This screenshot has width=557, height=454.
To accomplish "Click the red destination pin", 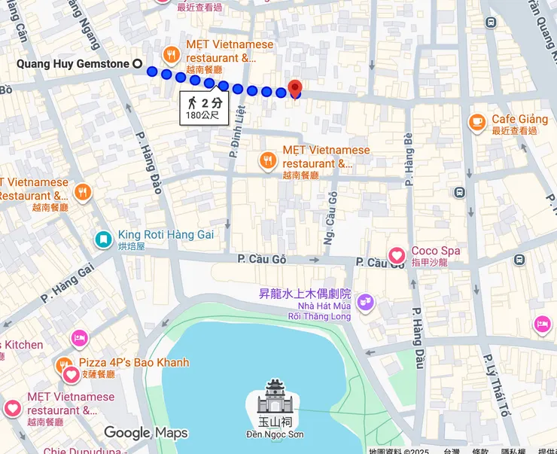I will (295, 88).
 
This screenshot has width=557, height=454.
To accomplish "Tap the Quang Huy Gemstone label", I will (73, 64).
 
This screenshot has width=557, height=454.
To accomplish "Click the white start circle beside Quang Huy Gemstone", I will (137, 65).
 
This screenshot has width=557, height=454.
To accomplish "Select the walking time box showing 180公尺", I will (203, 108).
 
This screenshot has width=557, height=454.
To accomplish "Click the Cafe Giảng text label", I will (519, 119).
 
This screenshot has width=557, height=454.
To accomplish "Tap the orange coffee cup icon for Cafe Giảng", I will (476, 121).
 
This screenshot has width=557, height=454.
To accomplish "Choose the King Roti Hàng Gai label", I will (166, 235).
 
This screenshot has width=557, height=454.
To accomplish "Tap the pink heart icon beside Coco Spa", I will (396, 256).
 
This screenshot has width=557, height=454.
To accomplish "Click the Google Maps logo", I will (145, 432).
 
